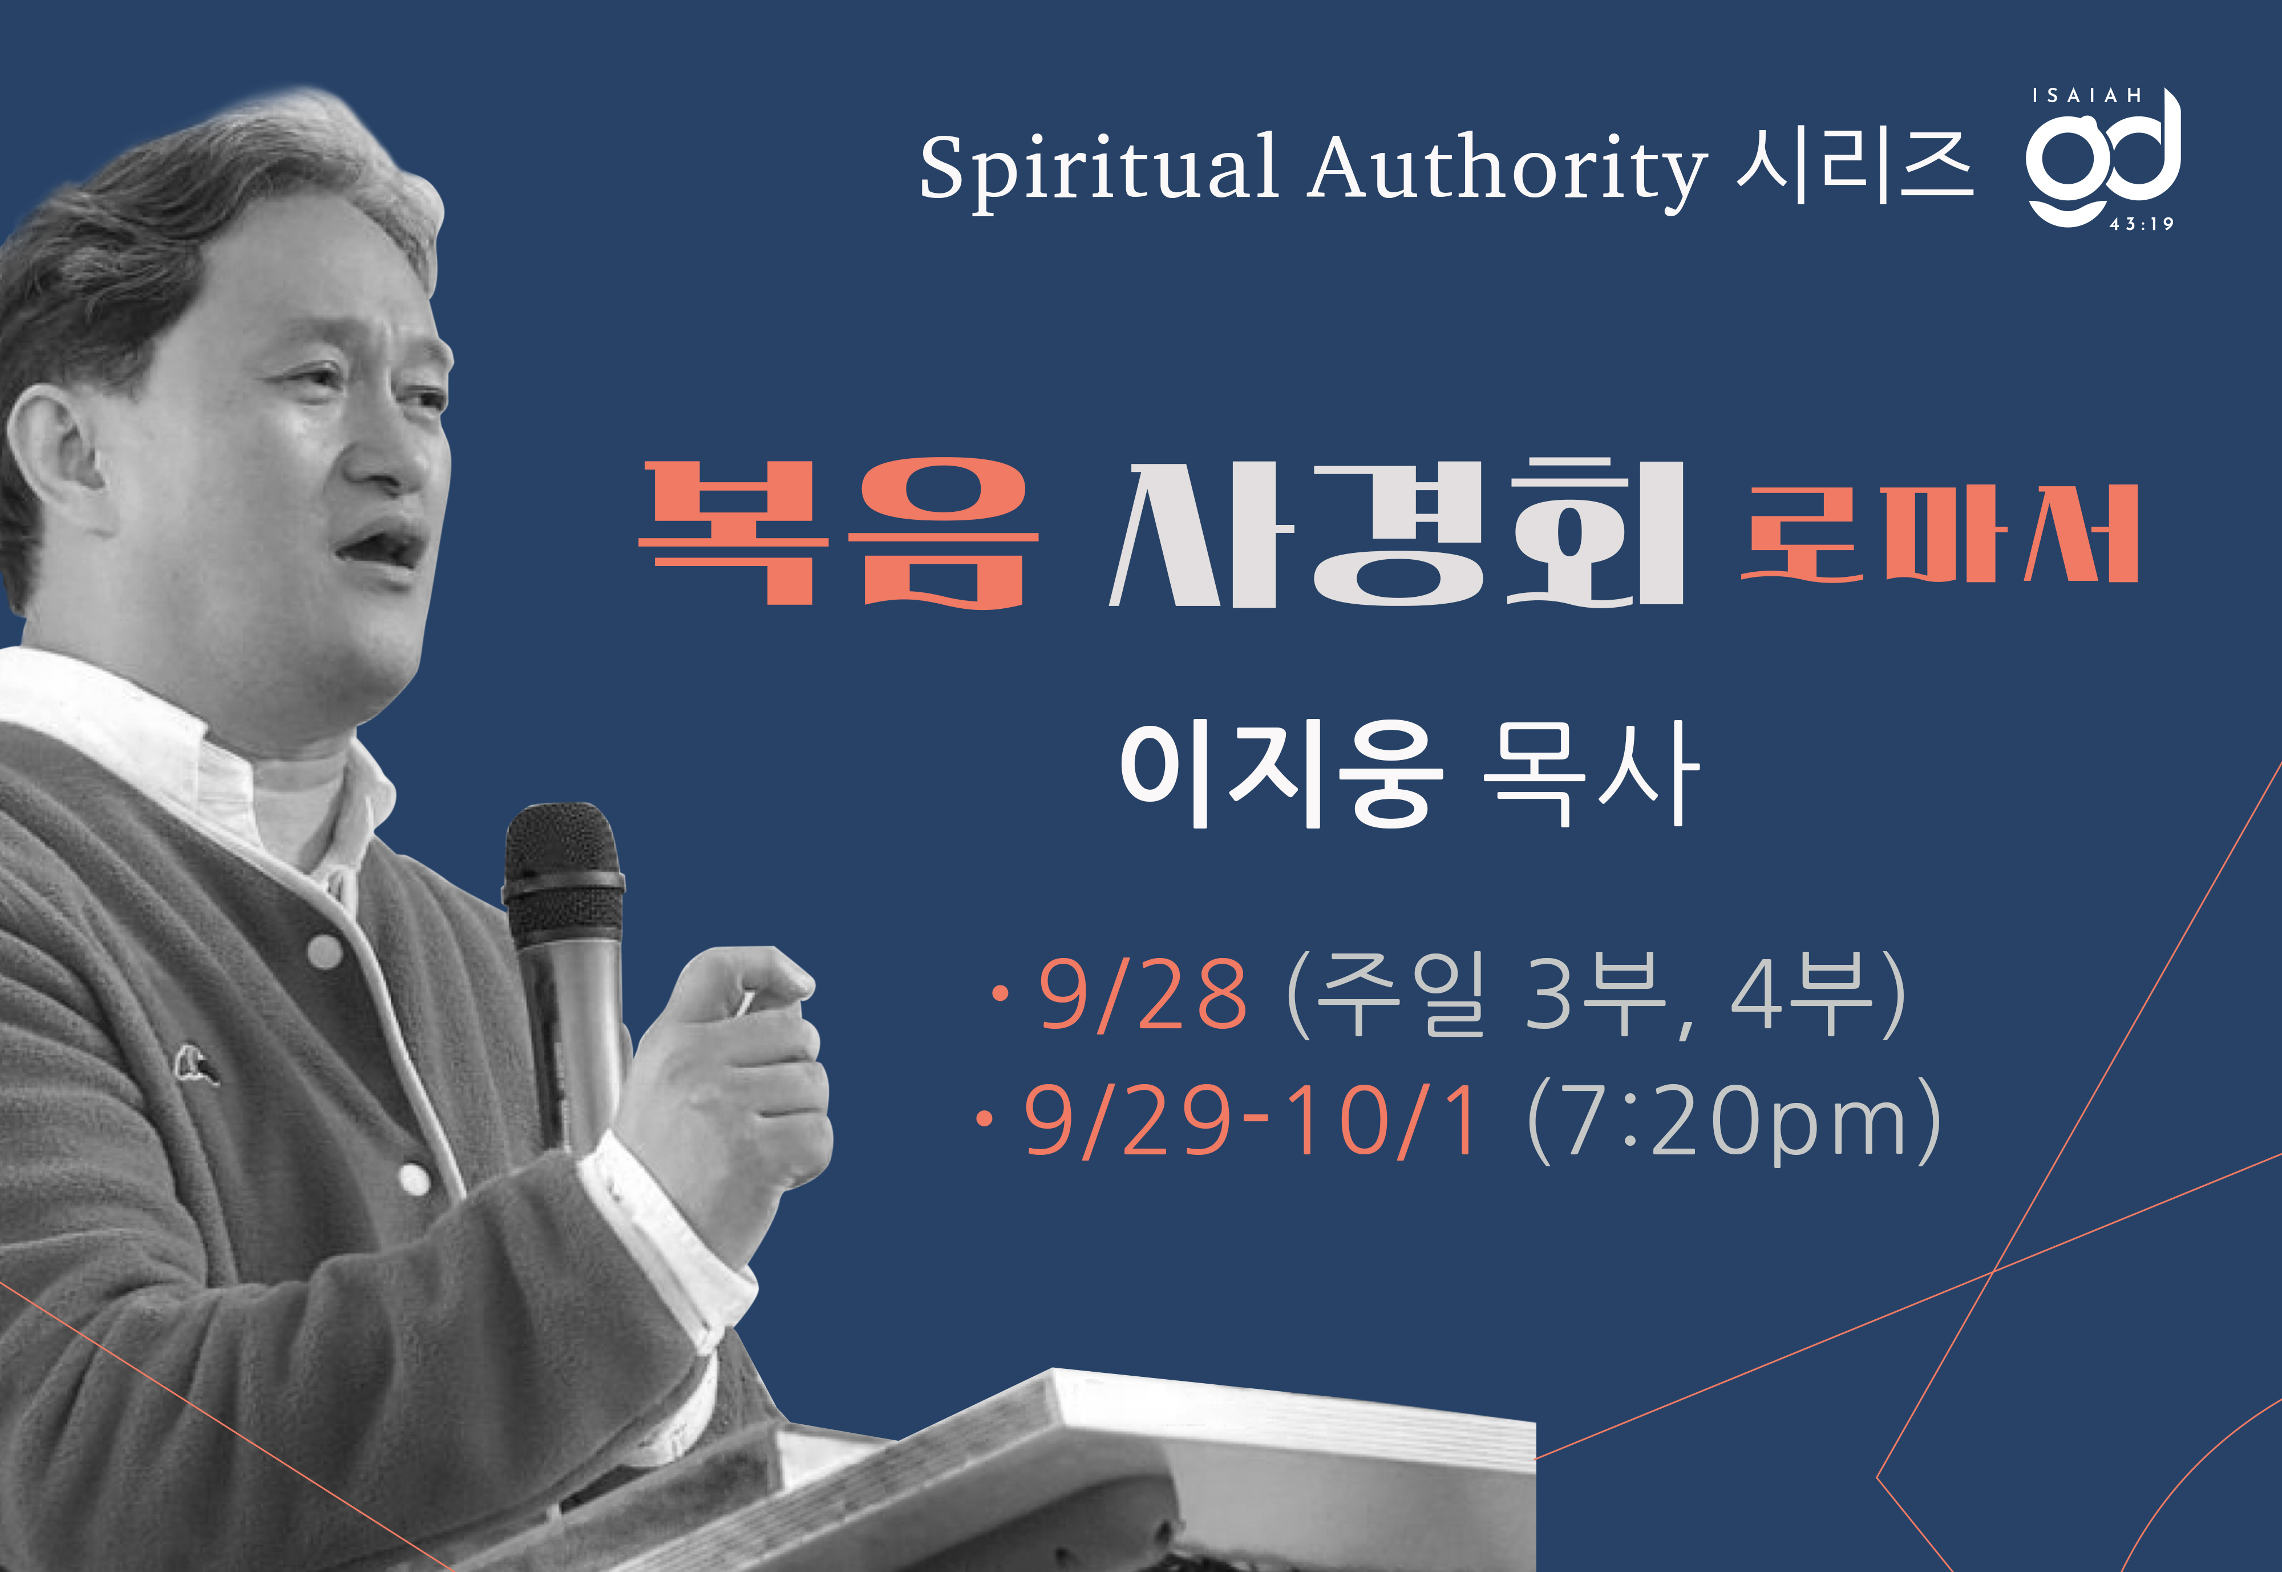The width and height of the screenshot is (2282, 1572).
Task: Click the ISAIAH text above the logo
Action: pos(2086,95)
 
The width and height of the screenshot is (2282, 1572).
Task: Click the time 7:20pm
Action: pos(1733,1123)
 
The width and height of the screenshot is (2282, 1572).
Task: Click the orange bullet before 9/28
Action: pos(1001,994)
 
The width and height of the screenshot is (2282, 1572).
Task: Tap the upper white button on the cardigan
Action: pos(325,952)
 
